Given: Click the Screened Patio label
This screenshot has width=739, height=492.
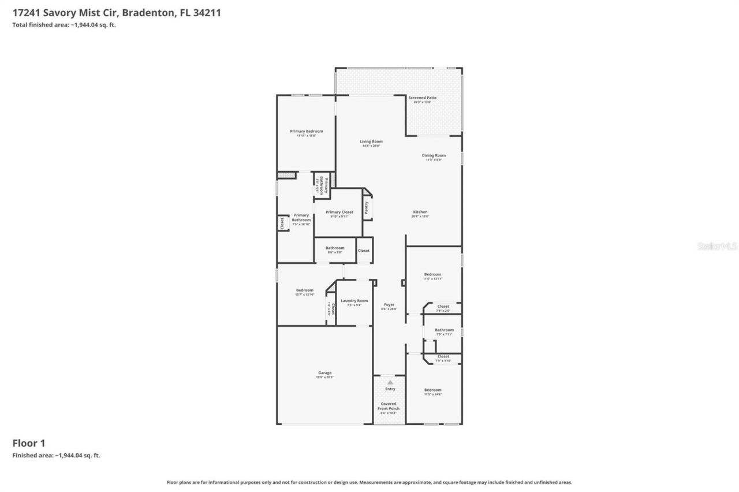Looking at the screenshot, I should (x=422, y=98).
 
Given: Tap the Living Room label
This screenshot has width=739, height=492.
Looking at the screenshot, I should (x=371, y=141).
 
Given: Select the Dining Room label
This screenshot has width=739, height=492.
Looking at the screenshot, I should (x=434, y=155).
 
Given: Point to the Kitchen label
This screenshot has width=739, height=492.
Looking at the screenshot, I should (x=420, y=212).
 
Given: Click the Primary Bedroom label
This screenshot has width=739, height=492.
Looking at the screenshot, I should (x=306, y=132).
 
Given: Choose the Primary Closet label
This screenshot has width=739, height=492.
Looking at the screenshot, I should (x=339, y=213).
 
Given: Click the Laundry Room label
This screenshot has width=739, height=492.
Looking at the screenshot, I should (x=354, y=300).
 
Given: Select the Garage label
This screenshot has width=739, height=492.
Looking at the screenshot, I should (x=324, y=373).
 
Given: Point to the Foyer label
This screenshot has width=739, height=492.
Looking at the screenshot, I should (x=389, y=304).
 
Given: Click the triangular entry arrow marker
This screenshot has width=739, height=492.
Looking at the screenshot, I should (x=390, y=382).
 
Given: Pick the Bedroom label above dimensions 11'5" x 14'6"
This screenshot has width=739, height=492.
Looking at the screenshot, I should (x=432, y=390).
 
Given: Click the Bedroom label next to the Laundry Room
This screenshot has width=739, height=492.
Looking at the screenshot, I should (x=304, y=290).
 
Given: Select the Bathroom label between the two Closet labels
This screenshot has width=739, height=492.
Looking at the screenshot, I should (x=444, y=330).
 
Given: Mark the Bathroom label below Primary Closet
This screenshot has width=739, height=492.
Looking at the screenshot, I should (x=334, y=248).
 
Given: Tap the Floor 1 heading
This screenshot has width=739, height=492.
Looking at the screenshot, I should (x=29, y=443).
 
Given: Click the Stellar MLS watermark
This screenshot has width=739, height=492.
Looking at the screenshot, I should (x=717, y=246).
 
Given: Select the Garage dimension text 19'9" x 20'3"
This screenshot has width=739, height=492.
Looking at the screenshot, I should (x=324, y=378).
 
